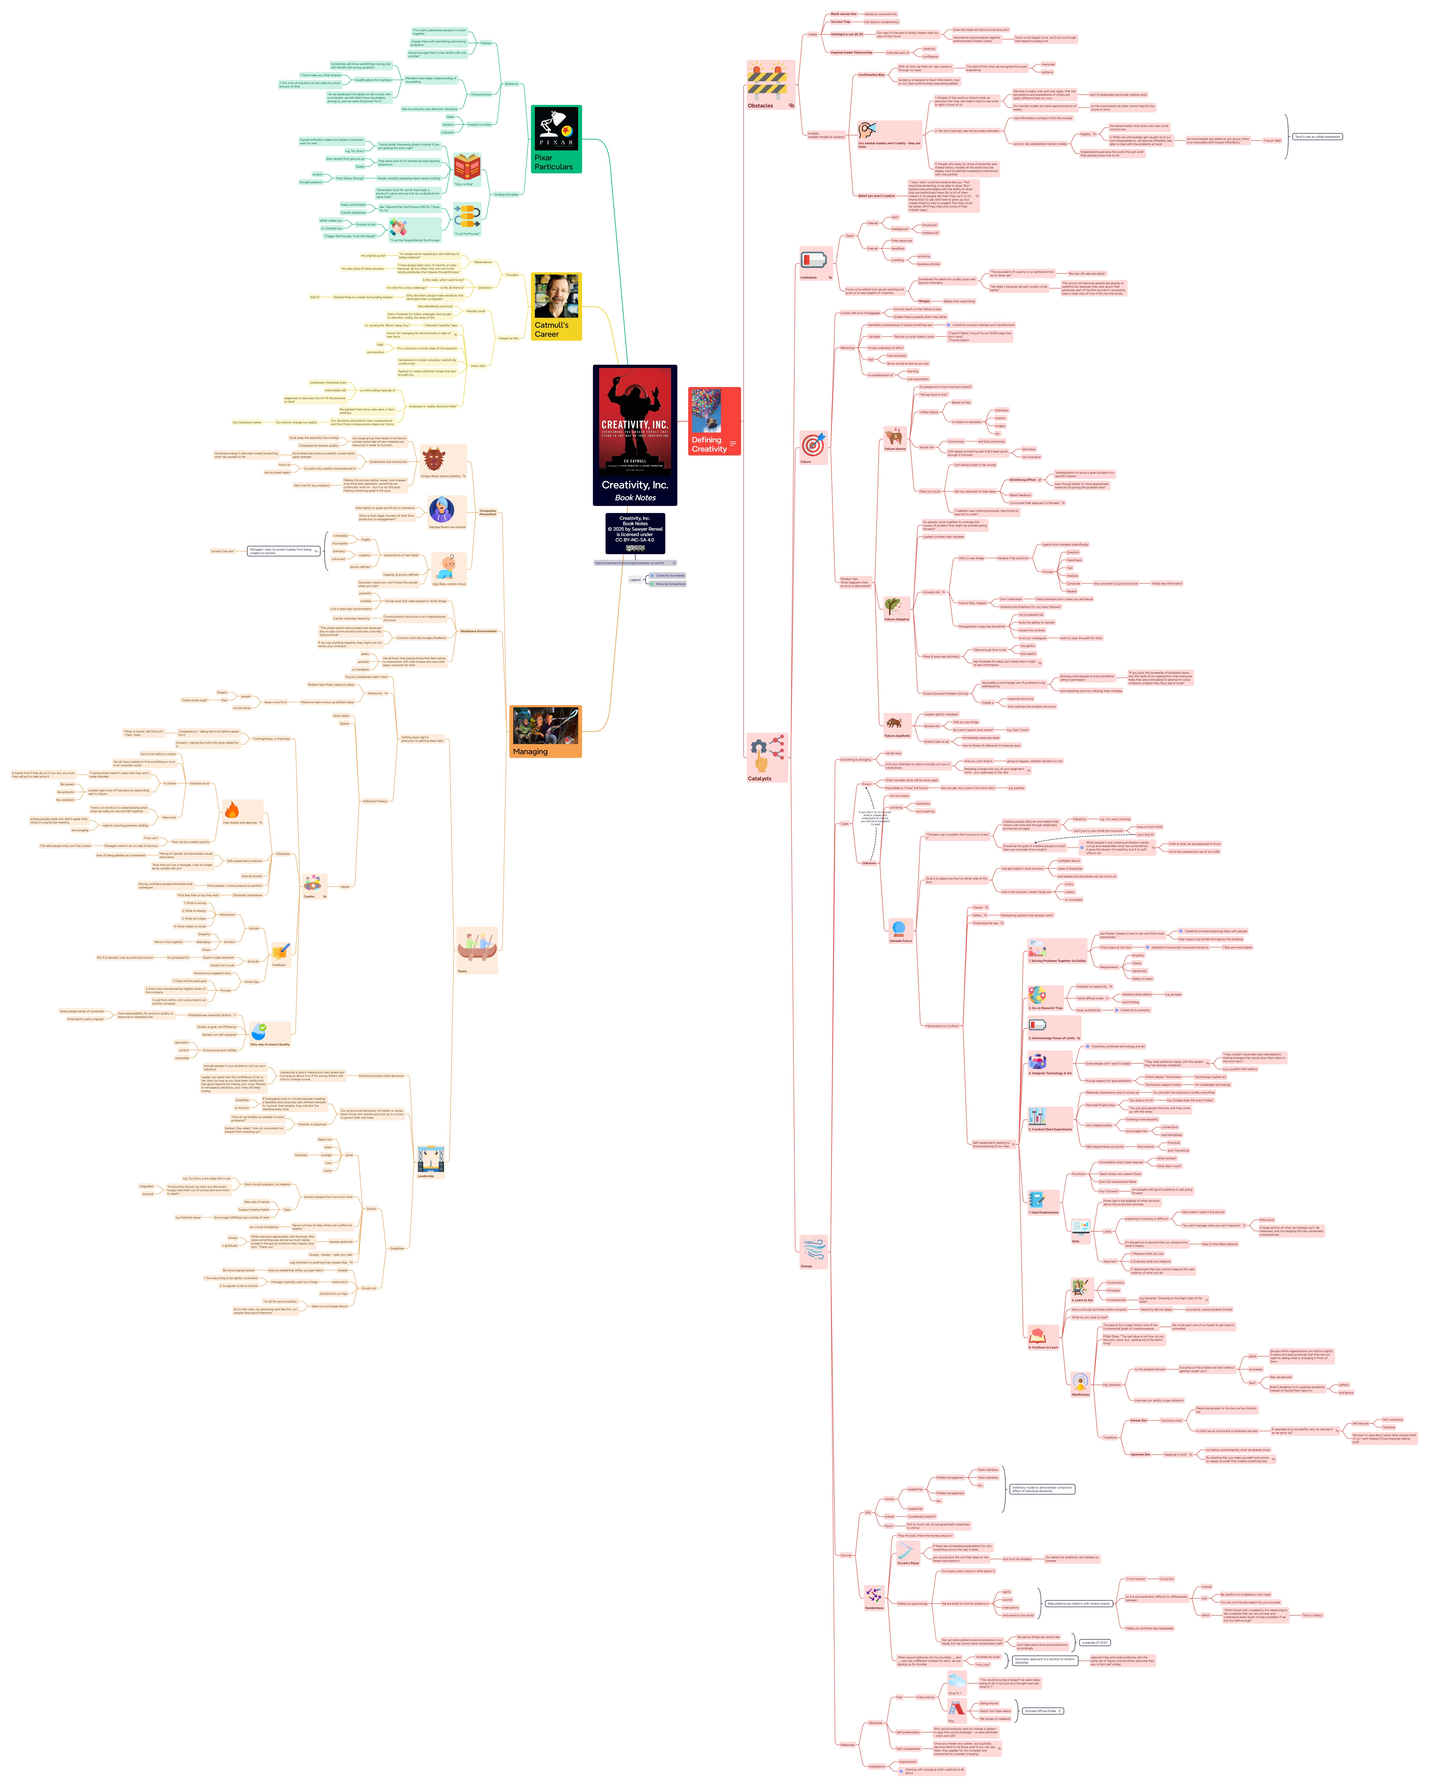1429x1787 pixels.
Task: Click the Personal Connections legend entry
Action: tap(670, 583)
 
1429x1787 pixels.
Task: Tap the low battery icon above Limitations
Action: tap(813, 259)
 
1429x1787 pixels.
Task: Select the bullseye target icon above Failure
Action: tap(813, 444)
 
